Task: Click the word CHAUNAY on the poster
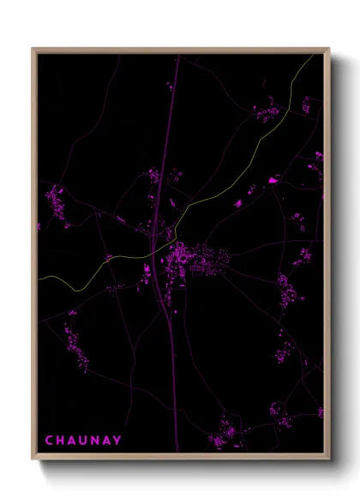coord(83,441)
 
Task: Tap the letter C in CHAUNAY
coord(49,441)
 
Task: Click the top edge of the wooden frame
coord(180,51)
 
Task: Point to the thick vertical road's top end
coord(178,57)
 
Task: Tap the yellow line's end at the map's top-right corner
coord(315,57)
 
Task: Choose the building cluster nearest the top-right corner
coord(265,110)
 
